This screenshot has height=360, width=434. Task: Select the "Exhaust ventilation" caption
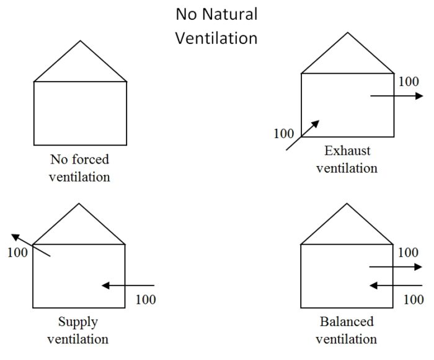[x=347, y=159]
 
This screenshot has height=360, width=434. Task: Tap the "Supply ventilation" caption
[x=78, y=330]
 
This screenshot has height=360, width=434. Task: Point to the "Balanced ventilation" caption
[x=347, y=330]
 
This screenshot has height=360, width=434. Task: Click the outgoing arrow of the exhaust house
[x=397, y=96]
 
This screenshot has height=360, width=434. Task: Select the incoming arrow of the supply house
[x=128, y=286]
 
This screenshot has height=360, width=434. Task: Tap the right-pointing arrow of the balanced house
[x=396, y=267]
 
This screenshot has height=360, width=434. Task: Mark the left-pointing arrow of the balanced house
[x=396, y=286]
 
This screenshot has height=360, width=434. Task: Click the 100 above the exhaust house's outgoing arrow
[x=408, y=81]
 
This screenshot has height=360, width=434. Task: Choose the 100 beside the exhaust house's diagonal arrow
[x=283, y=133]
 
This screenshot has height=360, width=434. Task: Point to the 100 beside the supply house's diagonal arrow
[x=19, y=253]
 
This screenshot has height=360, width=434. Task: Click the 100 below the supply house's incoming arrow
[x=145, y=301]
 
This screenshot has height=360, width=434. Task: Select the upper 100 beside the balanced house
[x=407, y=252]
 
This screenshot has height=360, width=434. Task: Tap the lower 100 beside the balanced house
[x=413, y=300]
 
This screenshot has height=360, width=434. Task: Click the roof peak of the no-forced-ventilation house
[x=80, y=42]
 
